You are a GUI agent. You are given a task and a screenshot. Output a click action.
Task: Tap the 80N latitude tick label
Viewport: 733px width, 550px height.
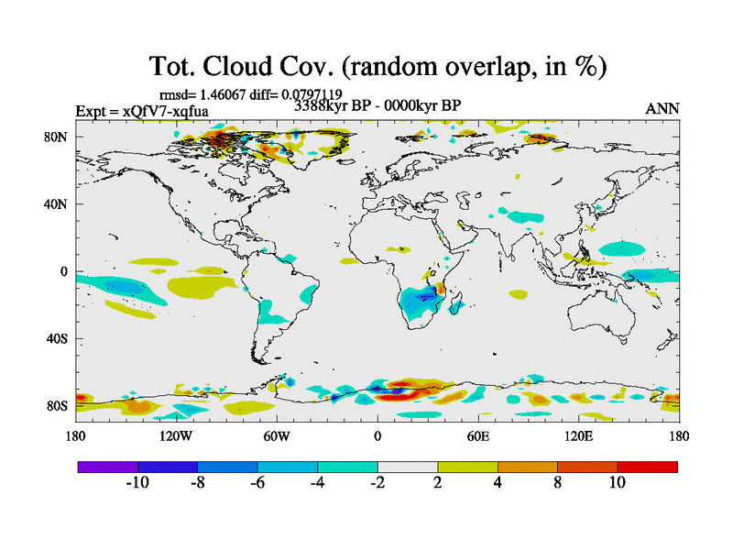coord(60,137)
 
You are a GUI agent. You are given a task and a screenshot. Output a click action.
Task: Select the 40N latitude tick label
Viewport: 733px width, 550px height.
coord(60,204)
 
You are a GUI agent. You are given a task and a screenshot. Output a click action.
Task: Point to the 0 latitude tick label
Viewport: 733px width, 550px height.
coord(64,271)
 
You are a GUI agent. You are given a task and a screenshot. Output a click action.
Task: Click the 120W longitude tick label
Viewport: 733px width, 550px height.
coord(175,436)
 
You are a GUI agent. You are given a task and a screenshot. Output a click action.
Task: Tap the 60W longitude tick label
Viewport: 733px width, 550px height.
coord(277,436)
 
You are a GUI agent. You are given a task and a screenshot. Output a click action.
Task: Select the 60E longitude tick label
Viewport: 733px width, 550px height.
coord(477,436)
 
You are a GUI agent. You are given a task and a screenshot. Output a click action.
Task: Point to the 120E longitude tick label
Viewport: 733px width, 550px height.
coord(578,436)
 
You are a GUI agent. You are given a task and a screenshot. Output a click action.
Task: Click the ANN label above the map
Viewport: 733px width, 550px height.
coord(662,109)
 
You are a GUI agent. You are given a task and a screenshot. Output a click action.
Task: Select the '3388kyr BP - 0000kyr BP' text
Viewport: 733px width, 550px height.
coord(377,105)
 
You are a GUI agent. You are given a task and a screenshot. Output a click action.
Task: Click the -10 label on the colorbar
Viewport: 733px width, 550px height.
coord(137,483)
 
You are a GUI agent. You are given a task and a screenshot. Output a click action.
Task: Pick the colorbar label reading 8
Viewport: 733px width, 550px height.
coord(557,483)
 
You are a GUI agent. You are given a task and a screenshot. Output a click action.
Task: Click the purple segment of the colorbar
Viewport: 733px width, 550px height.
coord(108,467)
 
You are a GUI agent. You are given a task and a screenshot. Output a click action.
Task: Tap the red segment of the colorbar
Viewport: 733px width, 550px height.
coord(647,467)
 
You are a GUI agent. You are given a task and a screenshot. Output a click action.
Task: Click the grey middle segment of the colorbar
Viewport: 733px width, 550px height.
coord(408,467)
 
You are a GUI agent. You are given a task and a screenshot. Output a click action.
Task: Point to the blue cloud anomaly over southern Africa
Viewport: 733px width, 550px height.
coord(423,297)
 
